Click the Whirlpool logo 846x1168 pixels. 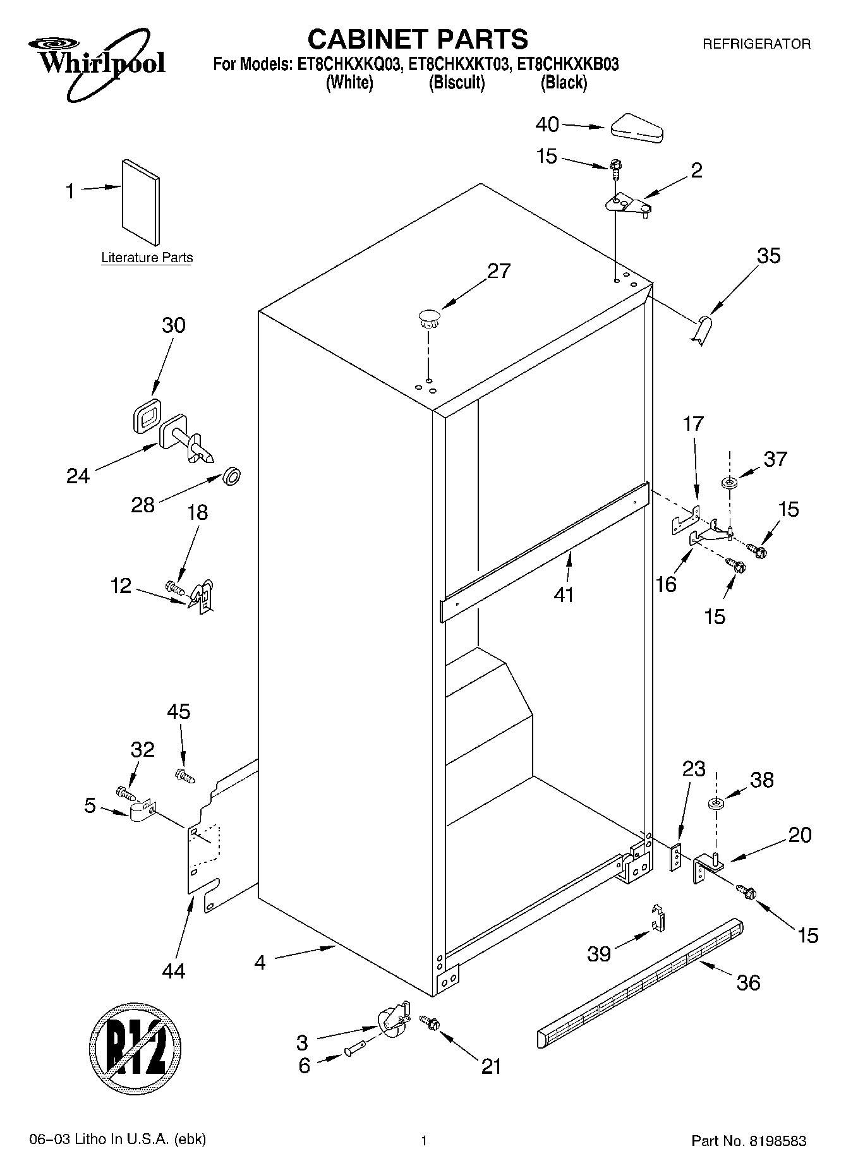97,63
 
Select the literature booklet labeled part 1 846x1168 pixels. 140,200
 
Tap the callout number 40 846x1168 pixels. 547,124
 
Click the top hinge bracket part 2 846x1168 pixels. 626,204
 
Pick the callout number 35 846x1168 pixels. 768,255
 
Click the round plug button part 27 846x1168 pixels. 429,317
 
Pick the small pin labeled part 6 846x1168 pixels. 352,1051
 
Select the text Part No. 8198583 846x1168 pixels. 749,1141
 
